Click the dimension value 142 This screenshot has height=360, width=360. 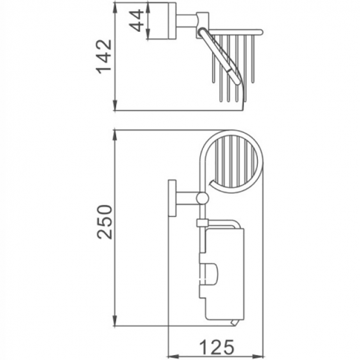coord(104,56)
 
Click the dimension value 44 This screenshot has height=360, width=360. coord(136,20)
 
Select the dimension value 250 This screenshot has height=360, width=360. coord(104,222)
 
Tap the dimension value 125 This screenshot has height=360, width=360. coord(217,347)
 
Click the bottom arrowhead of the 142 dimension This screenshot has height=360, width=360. coord(115,106)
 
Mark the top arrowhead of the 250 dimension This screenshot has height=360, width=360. coord(115,136)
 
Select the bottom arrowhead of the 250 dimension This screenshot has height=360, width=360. coord(115,321)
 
